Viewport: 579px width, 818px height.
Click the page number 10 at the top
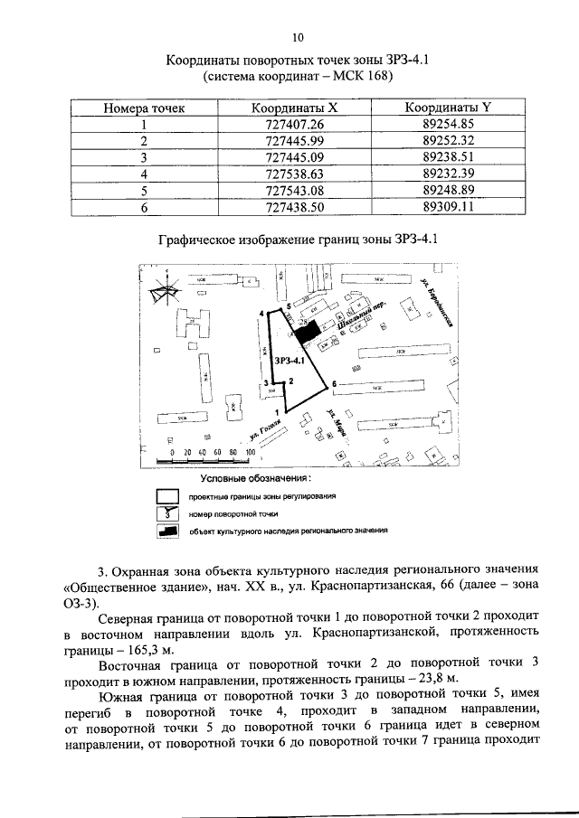296,37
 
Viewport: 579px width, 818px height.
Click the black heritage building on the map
309,333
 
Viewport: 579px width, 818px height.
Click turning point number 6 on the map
334,384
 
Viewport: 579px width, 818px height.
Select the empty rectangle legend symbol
165,496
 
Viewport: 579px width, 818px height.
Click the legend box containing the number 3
165,513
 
